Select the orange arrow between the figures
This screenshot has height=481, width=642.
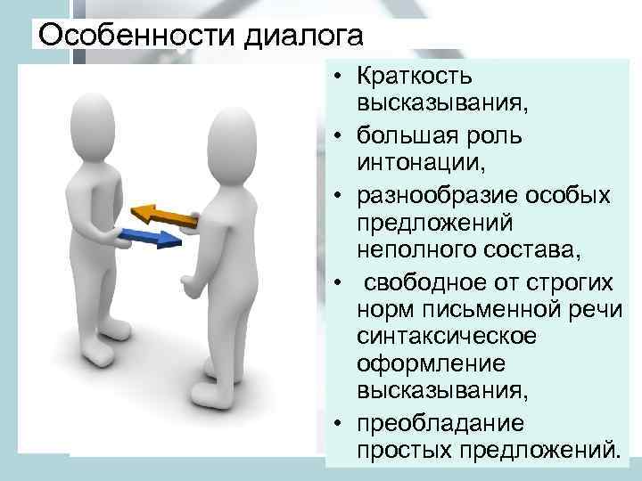[164, 215]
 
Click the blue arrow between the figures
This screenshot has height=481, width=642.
[151, 238]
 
